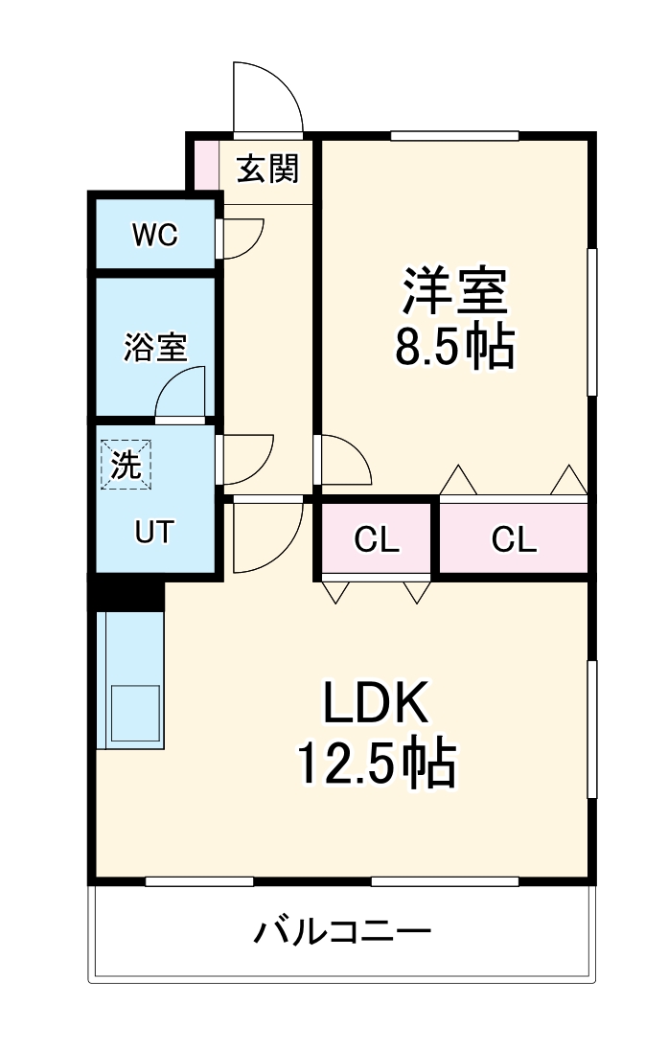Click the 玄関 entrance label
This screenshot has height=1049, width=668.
point(268,170)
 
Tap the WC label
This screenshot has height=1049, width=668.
point(154,235)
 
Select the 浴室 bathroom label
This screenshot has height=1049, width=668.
point(154,348)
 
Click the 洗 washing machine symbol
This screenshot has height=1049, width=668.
point(127,465)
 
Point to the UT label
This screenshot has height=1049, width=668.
point(154,532)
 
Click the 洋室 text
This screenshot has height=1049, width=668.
point(454,291)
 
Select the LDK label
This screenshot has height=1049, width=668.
point(374,707)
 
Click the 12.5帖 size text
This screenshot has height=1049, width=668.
point(374,763)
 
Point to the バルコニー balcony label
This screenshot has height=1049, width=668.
point(342,932)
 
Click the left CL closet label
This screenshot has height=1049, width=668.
point(376,540)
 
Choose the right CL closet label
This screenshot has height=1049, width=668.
point(514,540)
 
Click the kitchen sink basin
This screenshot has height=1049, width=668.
point(133,714)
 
